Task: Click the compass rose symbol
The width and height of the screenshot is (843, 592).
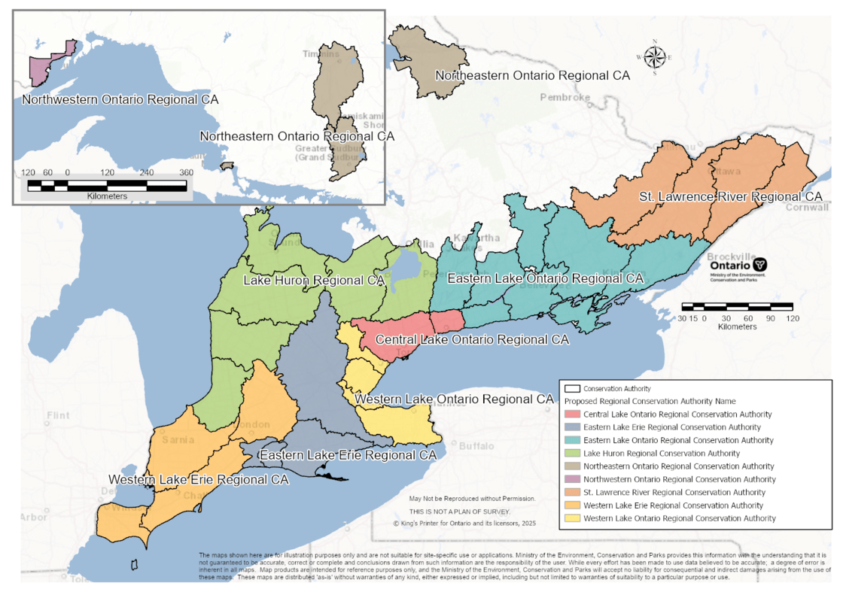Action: [x=655, y=57]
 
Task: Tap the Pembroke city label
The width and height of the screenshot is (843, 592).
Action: [x=565, y=97]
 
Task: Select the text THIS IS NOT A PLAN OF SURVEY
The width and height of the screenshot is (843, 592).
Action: [x=460, y=512]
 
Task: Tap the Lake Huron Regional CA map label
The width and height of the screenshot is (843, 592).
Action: [x=314, y=281]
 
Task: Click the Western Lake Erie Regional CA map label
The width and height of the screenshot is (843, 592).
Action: [x=199, y=479]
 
